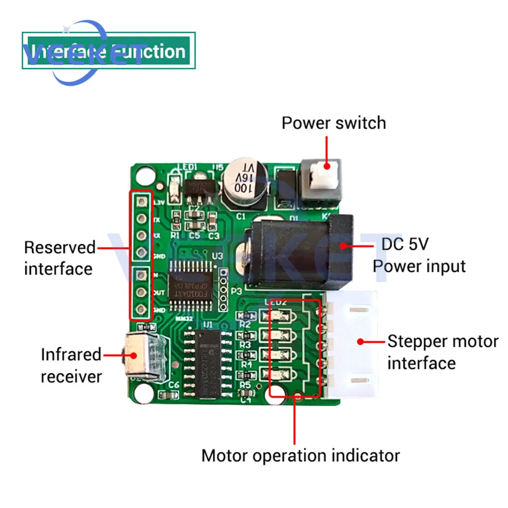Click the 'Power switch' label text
334,123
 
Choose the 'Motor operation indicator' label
300,455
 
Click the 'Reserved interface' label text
59,258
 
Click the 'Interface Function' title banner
109,51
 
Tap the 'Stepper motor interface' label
442,352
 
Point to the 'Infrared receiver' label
71,365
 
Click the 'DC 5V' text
405,244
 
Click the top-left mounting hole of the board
144,174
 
